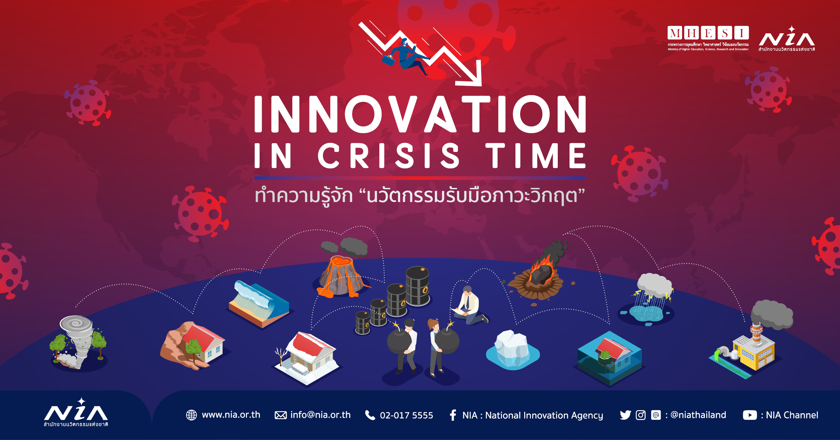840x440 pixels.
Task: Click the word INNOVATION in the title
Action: [420, 114]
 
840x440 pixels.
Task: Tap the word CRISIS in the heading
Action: [388, 156]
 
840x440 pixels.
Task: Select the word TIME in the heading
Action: [536, 156]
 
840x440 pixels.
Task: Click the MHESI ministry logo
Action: [708, 38]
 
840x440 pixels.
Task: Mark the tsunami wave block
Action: [259, 304]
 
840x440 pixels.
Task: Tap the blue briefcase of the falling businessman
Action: [388, 61]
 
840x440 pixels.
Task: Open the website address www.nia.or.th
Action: [231, 415]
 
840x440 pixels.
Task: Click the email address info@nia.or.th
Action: [320, 415]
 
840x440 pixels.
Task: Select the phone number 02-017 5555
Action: [406, 415]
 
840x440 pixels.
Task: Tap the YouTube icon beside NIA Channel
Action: [750, 415]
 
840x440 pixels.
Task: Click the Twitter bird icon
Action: [625, 415]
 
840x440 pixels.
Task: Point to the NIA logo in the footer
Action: [76, 412]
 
